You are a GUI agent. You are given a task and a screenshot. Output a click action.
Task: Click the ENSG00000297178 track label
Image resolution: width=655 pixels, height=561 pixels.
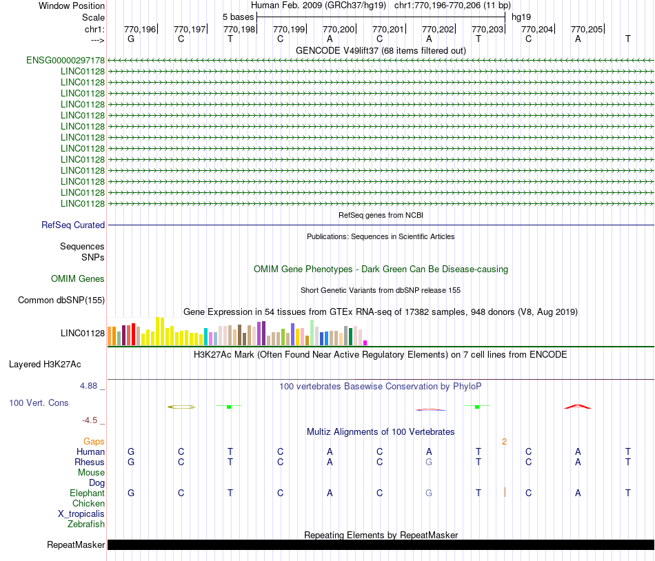coord(65,61)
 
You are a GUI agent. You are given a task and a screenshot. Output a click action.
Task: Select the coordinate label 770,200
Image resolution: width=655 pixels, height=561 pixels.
coord(339,29)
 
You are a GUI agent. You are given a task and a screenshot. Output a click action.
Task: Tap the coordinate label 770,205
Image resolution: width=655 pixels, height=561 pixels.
coord(587,29)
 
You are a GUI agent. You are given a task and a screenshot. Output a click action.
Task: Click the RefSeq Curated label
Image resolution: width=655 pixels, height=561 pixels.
coord(73,225)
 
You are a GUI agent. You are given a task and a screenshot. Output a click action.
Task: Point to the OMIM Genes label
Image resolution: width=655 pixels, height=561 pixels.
coord(78,279)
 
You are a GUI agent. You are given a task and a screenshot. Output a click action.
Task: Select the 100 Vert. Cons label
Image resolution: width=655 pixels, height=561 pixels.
coord(39,402)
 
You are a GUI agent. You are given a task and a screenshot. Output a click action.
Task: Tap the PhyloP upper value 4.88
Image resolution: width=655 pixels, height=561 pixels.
coord(90,386)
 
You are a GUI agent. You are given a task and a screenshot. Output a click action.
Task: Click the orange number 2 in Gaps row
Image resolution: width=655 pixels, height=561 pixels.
coord(504,442)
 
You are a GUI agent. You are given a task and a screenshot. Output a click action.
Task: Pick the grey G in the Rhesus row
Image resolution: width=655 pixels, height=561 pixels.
coord(429,462)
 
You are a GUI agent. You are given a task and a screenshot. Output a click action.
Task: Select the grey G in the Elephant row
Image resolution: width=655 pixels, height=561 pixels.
coord(429,493)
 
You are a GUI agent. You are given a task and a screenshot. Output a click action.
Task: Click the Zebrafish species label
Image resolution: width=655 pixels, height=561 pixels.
coord(86,524)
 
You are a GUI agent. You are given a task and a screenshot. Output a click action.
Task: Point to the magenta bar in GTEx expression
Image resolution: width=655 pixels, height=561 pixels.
coord(365,343)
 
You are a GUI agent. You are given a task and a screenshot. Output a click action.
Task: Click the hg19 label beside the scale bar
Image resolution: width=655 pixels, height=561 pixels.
coord(521,17)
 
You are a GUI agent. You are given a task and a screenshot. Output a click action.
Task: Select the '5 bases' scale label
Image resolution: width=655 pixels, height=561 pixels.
coord(238,17)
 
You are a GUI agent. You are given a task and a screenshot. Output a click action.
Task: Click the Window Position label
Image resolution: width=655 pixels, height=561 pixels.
coord(72,6)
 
